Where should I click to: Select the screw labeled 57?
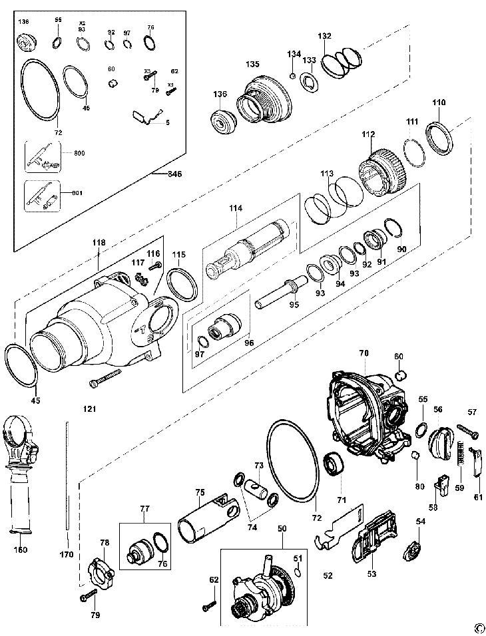coord(467,431)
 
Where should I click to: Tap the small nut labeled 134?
coord(292,73)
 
